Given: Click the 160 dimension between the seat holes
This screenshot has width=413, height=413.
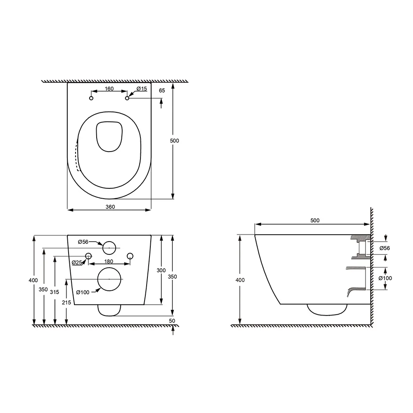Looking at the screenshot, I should point(109,88).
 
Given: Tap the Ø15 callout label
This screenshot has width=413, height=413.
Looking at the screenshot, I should point(142,89).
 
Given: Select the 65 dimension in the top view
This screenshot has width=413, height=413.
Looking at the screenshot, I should point(161,90).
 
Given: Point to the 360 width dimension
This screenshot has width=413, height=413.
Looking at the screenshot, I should point(109,206).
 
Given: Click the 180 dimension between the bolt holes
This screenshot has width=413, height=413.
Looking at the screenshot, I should point(109,261).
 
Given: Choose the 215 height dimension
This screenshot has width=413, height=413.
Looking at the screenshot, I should point(66,302).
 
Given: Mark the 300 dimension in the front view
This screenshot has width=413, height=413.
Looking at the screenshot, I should point(161,270).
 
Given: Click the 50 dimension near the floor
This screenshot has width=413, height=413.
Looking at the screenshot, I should point(172,320).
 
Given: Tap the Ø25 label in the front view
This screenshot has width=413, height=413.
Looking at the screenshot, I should point(76,263).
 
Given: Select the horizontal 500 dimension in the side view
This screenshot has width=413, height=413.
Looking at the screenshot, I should point(315,221).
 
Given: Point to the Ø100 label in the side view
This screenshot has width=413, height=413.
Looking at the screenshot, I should point(385,278).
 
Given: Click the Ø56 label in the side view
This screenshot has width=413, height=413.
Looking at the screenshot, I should point(385,248).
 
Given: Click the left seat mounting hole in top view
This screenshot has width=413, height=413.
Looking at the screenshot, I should point(91,98).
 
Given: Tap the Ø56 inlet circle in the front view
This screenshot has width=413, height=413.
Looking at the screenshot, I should point(109,247).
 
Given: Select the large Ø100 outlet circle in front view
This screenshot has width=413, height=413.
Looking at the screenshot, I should point(109,279).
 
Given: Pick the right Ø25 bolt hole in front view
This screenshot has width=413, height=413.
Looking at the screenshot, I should point(130,256).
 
